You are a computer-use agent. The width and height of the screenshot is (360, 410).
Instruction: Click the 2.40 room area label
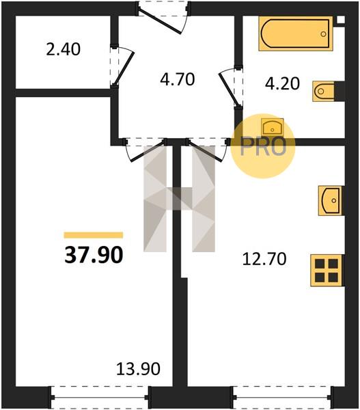(63, 49)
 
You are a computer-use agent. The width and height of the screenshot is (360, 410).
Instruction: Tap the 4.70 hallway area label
(178, 79)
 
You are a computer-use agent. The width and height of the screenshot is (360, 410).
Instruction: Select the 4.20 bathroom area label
(282, 84)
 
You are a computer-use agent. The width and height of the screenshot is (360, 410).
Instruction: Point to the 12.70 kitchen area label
(264, 259)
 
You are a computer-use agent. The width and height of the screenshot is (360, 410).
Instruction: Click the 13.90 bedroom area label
(138, 369)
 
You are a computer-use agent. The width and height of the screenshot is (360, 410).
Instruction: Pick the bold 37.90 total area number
(94, 255)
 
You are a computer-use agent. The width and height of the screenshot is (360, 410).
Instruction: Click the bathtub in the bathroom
(296, 33)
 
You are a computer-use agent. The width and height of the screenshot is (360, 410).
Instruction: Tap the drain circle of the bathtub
(323, 33)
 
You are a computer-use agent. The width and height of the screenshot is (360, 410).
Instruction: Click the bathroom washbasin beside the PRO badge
(273, 126)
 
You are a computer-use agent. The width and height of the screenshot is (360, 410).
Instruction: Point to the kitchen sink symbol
(330, 200)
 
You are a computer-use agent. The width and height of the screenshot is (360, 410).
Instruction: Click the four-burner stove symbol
(327, 271)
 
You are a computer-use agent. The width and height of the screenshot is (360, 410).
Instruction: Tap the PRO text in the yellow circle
(263, 146)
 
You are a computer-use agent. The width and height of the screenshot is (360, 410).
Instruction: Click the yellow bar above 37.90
(94, 235)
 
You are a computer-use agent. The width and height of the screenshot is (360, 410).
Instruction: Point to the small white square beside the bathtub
(341, 20)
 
